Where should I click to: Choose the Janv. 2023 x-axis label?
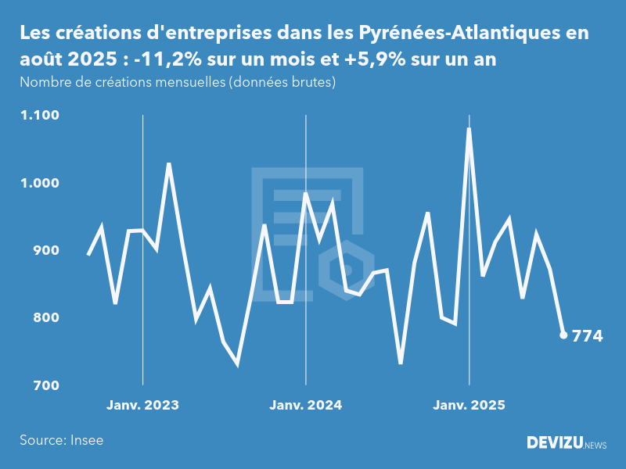point(142,405)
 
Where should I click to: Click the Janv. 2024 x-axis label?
point(305,405)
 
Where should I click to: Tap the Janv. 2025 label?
point(469,405)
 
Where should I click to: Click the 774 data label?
point(588,337)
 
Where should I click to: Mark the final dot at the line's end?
point(563,335)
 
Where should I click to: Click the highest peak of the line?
point(469,129)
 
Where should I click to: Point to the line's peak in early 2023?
point(169,164)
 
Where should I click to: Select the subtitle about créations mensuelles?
point(178,83)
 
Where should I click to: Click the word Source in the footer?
point(41,440)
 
